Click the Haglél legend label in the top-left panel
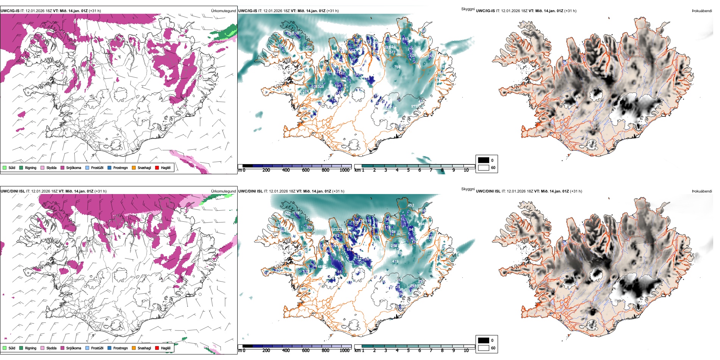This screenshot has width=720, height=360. [166, 167]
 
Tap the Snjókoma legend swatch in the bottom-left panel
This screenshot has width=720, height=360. [63, 348]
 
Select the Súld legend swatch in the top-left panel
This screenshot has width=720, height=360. [5, 167]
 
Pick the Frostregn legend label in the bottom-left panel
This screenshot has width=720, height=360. [121, 348]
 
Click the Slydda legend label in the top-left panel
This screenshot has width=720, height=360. [52, 167]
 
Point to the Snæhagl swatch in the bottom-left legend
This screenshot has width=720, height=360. [134, 348]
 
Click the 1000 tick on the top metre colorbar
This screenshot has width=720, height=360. [344, 170]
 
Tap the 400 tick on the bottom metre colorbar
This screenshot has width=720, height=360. [286, 351]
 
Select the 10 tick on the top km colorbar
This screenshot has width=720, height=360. [466, 170]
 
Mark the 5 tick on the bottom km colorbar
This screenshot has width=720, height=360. [409, 351]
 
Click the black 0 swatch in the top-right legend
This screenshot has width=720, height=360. [484, 160]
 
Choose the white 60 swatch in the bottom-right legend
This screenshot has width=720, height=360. [484, 348]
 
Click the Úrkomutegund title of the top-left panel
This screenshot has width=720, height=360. [223, 11]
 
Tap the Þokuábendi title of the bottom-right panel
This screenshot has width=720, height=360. [702, 191]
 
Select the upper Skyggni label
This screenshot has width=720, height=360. [468, 9]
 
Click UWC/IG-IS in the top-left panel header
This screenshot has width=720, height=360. [10, 11]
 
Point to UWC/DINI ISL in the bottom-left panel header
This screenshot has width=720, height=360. [13, 191]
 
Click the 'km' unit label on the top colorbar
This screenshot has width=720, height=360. [357, 170]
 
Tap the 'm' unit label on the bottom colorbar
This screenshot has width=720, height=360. [239, 351]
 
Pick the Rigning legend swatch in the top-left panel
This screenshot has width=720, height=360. [21, 167]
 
